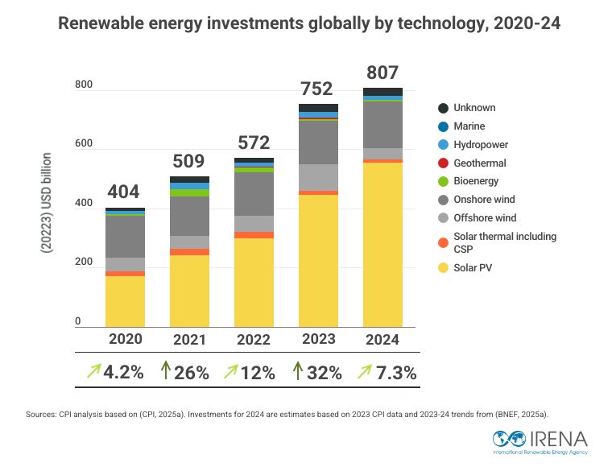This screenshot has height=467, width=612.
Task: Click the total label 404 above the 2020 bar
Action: pos(123,192)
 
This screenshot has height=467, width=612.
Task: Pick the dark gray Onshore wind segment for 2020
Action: pos(125,237)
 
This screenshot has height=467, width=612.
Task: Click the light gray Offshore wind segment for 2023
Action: pos(318,177)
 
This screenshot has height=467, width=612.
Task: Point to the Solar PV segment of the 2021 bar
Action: pos(189,290)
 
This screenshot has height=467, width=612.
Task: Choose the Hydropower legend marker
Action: pos(443,145)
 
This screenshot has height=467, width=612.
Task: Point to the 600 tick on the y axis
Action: pos(84,145)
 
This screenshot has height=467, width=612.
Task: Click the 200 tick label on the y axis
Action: pos(84,263)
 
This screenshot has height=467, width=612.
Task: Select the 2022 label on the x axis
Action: pos(254,340)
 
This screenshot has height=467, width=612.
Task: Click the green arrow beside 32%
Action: pos(296,372)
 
